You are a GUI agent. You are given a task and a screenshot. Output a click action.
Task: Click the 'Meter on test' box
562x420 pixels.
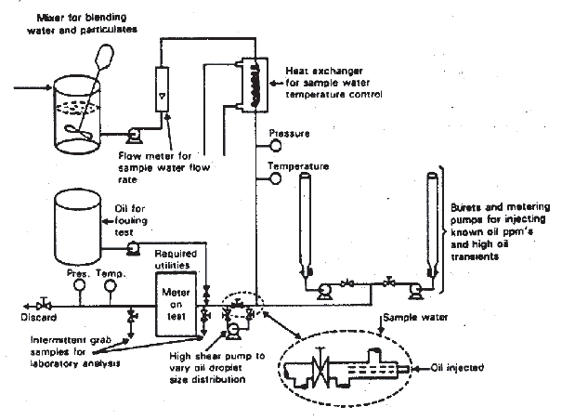[x=176, y=304]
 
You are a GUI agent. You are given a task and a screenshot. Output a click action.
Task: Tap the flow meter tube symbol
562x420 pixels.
[x=162, y=89]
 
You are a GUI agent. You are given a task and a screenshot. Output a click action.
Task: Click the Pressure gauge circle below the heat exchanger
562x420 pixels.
[x=275, y=145]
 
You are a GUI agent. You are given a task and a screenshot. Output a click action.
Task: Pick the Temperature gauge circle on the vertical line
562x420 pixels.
[x=275, y=178]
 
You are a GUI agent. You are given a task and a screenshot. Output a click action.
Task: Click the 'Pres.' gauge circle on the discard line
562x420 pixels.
[x=79, y=285]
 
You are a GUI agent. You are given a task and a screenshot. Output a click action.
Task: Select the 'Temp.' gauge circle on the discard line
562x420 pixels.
[x=111, y=285]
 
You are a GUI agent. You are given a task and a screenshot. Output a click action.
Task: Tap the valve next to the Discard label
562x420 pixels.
[x=44, y=305]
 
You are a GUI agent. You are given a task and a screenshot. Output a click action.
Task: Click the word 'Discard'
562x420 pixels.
[x=39, y=318]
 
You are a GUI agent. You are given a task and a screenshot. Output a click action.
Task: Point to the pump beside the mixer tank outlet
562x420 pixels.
[x=135, y=136]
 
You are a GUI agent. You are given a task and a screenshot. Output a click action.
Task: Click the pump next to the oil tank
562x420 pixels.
[x=134, y=248]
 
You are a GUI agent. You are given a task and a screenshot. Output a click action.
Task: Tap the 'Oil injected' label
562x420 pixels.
[x=457, y=368]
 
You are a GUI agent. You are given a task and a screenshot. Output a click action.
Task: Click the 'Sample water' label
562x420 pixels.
[x=415, y=318]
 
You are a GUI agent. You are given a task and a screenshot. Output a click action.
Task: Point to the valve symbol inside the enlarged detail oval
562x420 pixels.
[x=320, y=370]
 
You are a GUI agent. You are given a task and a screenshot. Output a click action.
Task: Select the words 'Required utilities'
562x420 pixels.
[x=176, y=259]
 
